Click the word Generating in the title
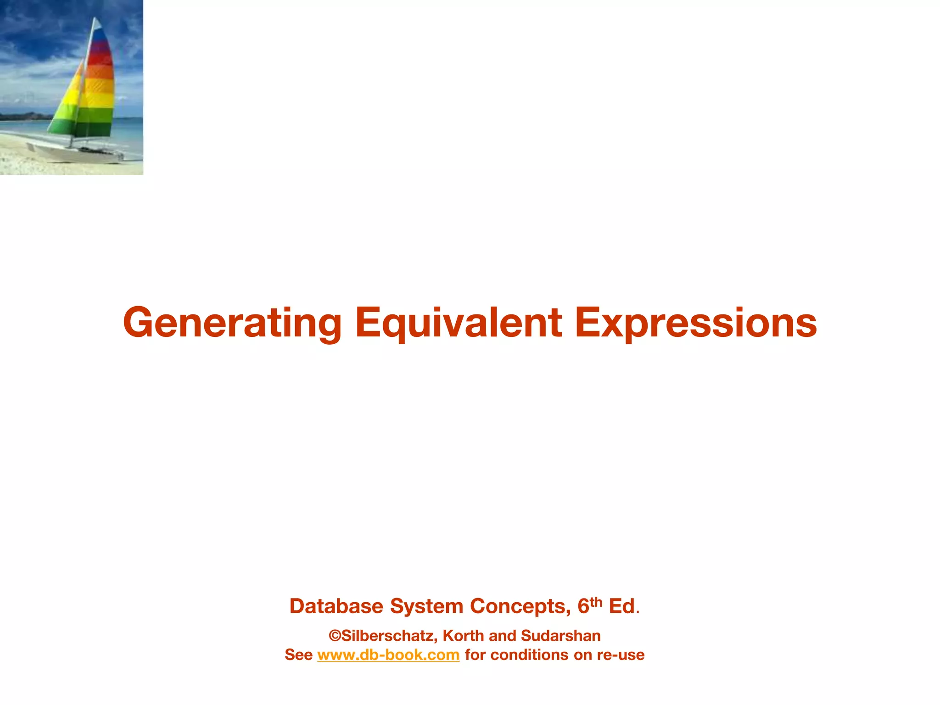tap(232, 323)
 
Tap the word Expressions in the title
tap(695, 323)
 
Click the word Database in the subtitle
tap(336, 606)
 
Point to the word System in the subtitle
tap(426, 606)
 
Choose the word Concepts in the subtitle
tap(520, 606)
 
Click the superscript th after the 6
tap(596, 601)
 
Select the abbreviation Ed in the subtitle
tap(622, 606)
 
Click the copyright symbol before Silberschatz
tap(335, 636)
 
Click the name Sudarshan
tap(561, 636)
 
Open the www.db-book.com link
tap(388, 655)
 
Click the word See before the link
tap(298, 655)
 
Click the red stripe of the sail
tap(100, 57)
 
